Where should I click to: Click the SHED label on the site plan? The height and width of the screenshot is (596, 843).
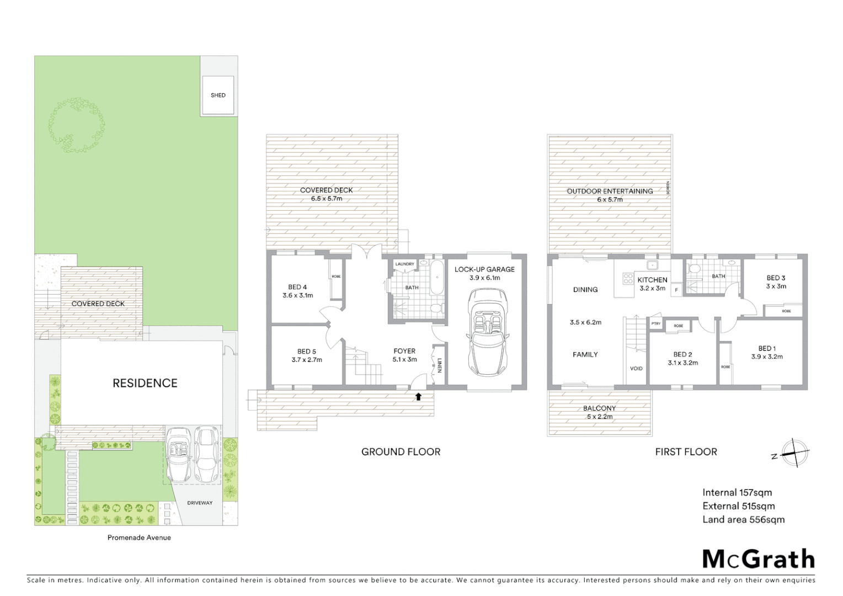(x=218, y=95)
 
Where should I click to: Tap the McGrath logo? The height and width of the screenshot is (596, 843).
(x=758, y=559)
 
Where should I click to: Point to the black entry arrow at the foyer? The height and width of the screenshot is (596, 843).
(x=418, y=396)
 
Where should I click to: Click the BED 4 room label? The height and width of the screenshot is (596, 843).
(x=297, y=287)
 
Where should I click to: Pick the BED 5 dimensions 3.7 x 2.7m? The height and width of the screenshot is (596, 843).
(x=307, y=360)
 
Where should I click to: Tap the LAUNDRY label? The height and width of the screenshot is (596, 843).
(x=404, y=264)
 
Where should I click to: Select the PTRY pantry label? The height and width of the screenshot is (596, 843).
(x=655, y=324)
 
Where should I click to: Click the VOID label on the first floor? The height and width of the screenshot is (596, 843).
(x=636, y=369)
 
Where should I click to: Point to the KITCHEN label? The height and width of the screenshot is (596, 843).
(x=652, y=280)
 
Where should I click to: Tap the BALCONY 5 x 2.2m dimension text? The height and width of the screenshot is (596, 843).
(x=599, y=417)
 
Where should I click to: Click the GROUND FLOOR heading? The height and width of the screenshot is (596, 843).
(x=401, y=452)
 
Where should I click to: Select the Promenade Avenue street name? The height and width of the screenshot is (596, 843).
(x=139, y=538)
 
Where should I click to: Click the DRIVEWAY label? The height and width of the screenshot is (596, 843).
(x=200, y=503)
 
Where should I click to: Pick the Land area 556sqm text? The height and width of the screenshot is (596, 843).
(x=743, y=519)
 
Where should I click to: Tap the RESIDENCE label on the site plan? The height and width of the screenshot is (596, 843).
(x=145, y=383)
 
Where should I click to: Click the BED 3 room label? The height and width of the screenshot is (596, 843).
(x=776, y=278)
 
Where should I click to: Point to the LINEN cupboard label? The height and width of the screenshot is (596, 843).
(x=440, y=366)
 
